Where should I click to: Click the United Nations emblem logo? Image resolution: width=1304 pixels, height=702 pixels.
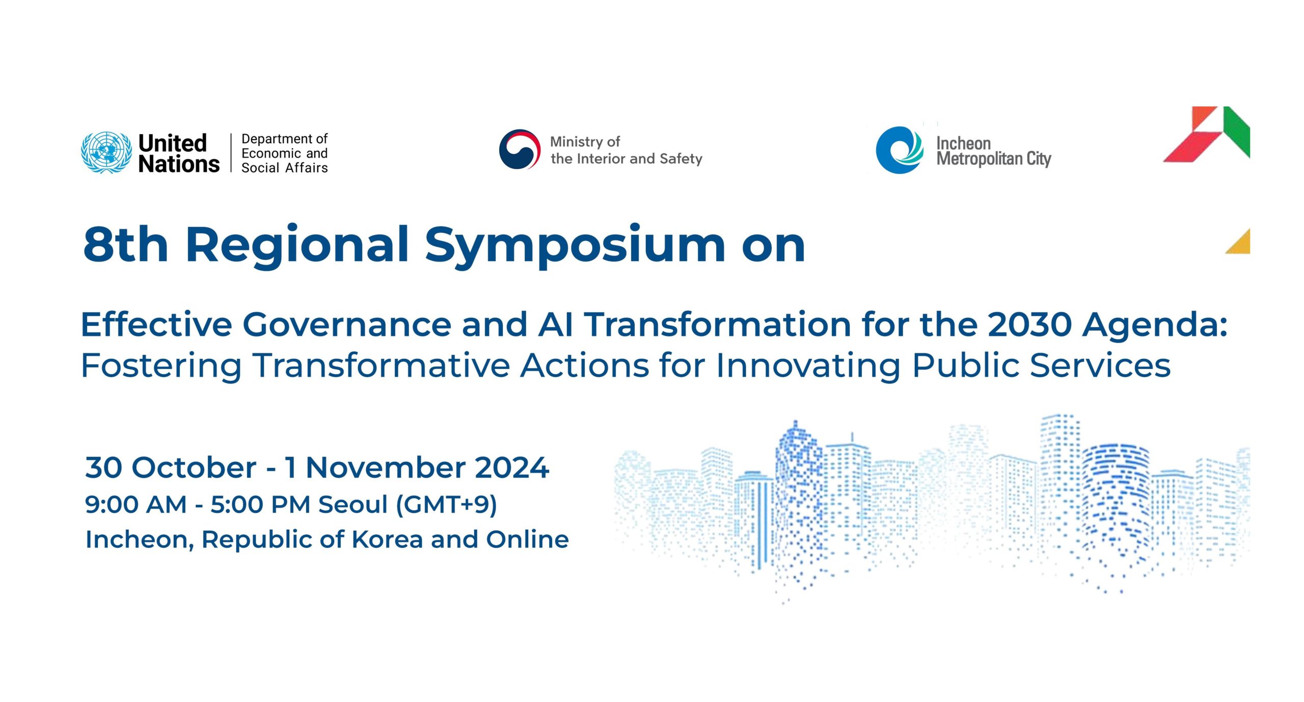click(x=106, y=152)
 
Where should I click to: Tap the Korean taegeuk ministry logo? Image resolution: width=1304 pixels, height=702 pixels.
click(x=519, y=149)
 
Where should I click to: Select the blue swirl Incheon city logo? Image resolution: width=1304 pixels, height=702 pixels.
click(x=899, y=150)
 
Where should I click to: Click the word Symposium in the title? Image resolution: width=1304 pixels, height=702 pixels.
click(x=575, y=246)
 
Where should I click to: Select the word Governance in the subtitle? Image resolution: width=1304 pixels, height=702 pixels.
click(x=346, y=325)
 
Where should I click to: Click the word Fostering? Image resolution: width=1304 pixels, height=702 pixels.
click(x=161, y=366)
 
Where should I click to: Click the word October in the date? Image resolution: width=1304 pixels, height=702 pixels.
click(x=194, y=467)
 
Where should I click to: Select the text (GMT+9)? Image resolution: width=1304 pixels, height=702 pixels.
click(x=446, y=505)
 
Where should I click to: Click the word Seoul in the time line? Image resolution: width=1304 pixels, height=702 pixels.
click(x=352, y=505)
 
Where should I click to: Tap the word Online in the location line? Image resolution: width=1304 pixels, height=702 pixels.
click(x=527, y=539)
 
